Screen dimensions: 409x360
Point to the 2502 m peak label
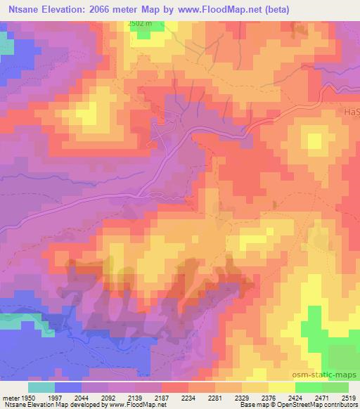tap(139, 23)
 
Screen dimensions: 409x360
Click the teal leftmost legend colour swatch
tap(41, 387)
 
